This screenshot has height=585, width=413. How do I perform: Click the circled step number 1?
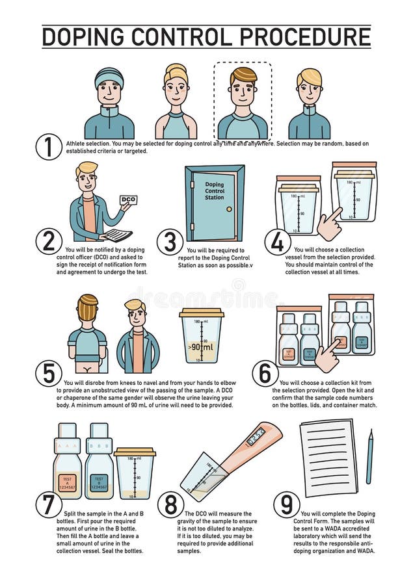click(x=48, y=147)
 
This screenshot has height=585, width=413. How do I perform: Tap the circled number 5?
click(x=48, y=374)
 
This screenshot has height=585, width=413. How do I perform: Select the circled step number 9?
click(x=286, y=504)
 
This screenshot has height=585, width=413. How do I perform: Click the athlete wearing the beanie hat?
click(x=109, y=104)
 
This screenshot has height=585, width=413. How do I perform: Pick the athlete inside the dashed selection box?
click(x=242, y=103)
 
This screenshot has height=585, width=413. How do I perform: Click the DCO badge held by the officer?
click(x=129, y=200)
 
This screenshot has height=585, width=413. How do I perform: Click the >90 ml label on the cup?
click(x=200, y=347)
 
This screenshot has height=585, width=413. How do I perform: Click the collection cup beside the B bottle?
click(x=135, y=473)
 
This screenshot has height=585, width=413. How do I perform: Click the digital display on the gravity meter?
click(x=256, y=436)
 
